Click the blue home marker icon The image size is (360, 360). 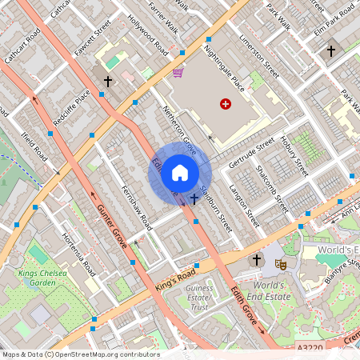click(x=180, y=173)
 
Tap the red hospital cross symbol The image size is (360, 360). click(x=225, y=104)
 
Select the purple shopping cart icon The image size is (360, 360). click(x=178, y=73)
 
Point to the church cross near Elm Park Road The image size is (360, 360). click(x=330, y=51)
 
